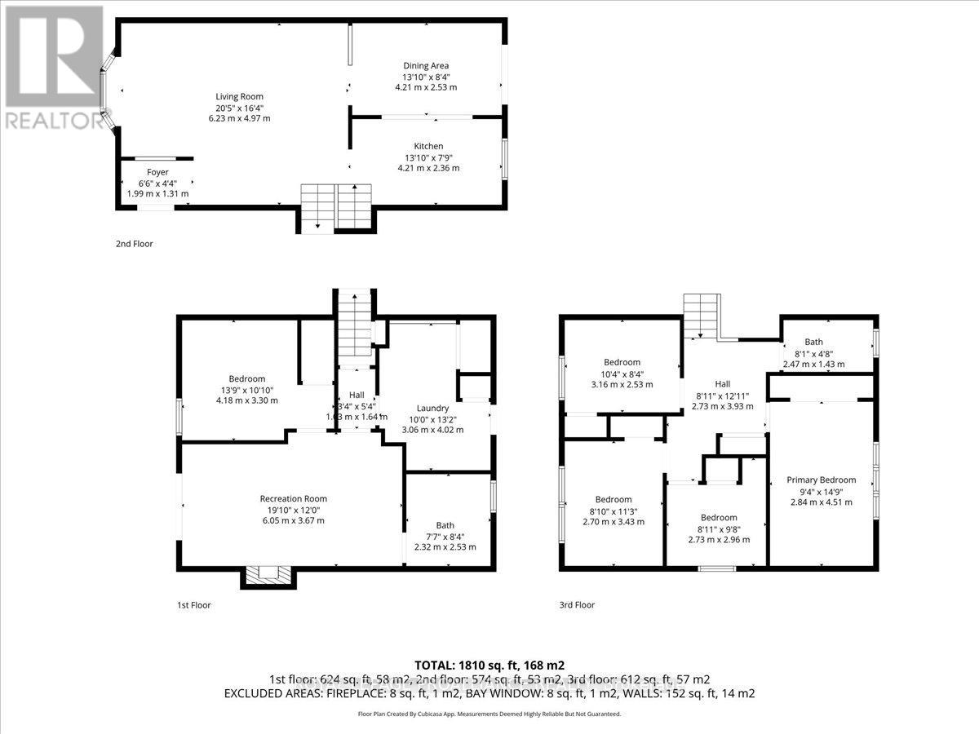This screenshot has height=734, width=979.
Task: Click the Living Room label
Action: point(239,96)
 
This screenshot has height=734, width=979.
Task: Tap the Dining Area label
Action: point(426,65)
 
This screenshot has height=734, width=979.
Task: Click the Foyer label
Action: point(157,172)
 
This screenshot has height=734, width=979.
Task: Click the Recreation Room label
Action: point(293,498)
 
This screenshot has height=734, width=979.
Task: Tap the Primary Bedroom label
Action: point(821,480)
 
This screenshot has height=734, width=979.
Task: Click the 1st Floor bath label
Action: point(445,525)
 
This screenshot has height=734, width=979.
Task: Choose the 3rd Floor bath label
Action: point(813,342)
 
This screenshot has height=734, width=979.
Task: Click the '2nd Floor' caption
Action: point(134,244)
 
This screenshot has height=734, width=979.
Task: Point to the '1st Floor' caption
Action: point(194,605)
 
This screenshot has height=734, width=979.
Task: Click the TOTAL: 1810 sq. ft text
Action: point(489,664)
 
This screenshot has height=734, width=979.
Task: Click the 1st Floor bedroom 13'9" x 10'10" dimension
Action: point(246,390)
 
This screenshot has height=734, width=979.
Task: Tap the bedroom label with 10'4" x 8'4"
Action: point(622,362)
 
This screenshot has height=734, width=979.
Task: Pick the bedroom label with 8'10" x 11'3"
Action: point(613,499)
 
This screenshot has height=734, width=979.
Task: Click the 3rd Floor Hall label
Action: point(722,383)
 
